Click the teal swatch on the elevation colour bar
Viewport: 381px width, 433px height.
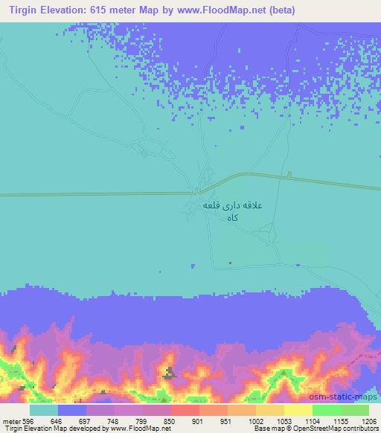44,410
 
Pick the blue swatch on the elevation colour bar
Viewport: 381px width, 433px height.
72,410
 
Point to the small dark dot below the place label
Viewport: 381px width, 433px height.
230,262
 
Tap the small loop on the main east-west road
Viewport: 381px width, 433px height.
289,176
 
